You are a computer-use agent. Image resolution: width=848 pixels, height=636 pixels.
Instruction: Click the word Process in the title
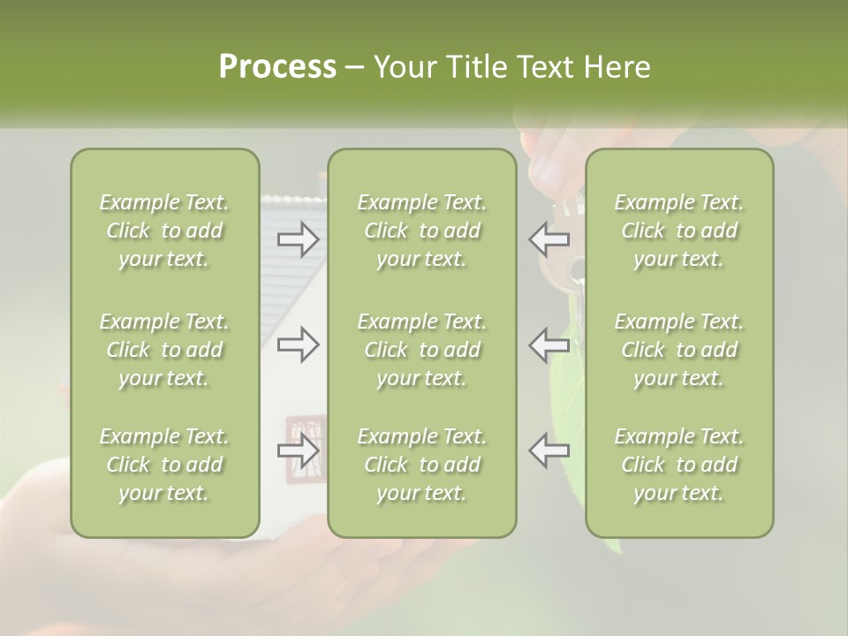[277, 67]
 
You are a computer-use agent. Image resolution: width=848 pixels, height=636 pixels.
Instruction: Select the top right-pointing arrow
[299, 238]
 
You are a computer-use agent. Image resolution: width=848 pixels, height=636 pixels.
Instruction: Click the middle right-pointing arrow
[299, 344]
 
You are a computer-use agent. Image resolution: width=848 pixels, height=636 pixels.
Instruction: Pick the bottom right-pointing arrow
[299, 450]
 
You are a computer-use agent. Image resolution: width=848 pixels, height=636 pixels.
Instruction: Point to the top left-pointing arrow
[549, 238]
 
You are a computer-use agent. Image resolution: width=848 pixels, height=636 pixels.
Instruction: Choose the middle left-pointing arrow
[549, 344]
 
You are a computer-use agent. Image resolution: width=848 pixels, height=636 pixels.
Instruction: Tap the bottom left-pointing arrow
[549, 450]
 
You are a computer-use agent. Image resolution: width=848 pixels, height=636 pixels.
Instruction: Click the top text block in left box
[164, 231]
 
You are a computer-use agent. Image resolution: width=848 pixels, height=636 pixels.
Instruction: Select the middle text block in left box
[164, 350]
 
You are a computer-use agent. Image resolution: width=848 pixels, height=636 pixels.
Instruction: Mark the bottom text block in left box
[164, 465]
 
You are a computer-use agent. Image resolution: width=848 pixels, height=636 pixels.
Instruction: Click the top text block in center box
[421, 231]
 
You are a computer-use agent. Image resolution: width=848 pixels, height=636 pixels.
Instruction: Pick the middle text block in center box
[421, 350]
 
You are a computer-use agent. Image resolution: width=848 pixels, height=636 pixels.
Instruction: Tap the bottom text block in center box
[421, 465]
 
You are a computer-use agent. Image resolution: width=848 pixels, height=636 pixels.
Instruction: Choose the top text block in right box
[678, 231]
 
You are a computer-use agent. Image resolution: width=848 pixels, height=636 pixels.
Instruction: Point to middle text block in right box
[678, 350]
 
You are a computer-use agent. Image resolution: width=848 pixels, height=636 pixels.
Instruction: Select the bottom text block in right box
[678, 465]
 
